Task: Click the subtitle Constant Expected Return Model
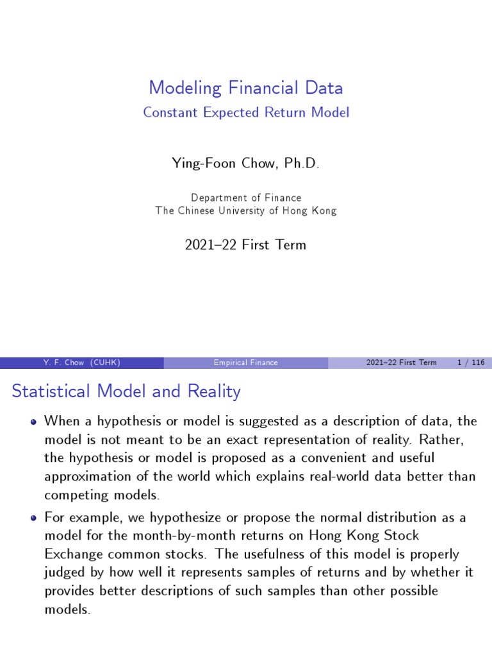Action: [246, 112]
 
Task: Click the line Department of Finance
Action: [246, 198]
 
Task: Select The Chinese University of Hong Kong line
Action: [246, 210]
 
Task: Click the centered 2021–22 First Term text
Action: [246, 244]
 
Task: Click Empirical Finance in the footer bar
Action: [246, 363]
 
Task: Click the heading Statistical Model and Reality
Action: [126, 391]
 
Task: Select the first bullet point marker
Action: [33, 422]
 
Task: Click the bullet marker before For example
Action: [33, 518]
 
